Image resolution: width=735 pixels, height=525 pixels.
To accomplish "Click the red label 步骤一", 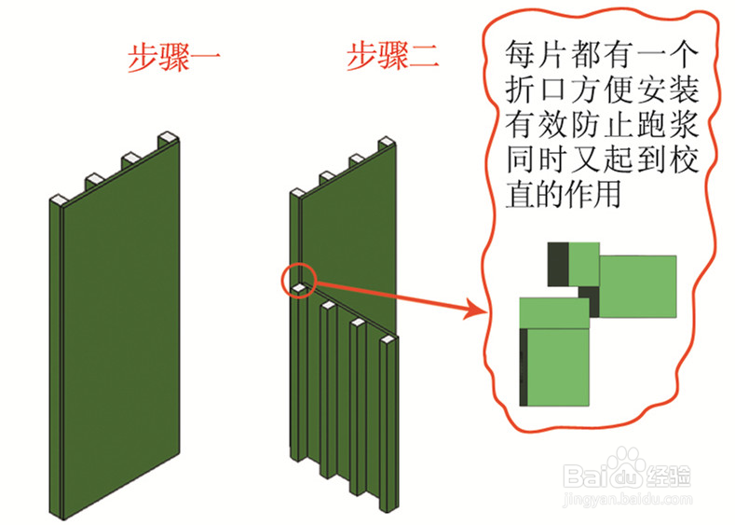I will click(x=173, y=58).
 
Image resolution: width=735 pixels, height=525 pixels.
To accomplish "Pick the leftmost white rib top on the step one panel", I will click(x=56, y=198).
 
